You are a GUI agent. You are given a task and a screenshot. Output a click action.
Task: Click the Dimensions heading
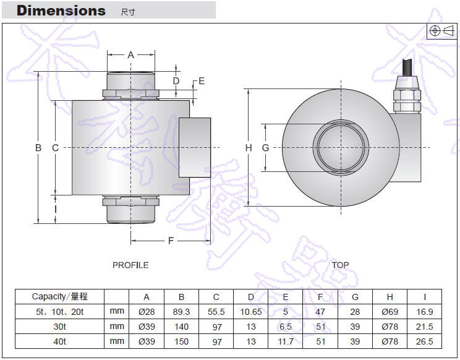tap(61, 11)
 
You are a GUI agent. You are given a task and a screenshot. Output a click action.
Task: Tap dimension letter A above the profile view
tap(130, 55)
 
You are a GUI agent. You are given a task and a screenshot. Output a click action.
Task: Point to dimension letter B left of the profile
tap(38, 148)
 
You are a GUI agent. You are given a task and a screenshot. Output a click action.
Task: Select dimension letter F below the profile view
tap(171, 241)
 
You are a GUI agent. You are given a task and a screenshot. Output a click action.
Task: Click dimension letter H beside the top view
tap(249, 148)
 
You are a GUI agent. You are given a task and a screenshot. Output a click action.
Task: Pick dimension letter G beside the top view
tap(265, 148)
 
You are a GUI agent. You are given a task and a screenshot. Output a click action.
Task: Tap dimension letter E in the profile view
tap(202, 81)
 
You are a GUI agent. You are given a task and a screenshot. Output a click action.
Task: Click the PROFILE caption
tap(130, 265)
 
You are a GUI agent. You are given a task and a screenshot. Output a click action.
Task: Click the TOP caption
tap(340, 265)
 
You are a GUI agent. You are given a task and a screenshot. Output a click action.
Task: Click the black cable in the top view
tap(408, 67)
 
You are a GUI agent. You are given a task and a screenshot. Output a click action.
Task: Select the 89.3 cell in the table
tap(182, 312)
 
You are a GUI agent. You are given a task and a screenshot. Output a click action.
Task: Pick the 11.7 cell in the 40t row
tap(286, 341)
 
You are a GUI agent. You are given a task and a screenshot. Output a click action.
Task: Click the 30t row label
tap(60, 327)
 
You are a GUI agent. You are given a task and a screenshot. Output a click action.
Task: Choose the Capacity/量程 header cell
tap(60, 297)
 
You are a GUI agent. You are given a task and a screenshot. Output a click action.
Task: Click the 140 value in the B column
tap(182, 327)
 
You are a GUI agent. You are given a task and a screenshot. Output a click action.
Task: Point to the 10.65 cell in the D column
tap(251, 312)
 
